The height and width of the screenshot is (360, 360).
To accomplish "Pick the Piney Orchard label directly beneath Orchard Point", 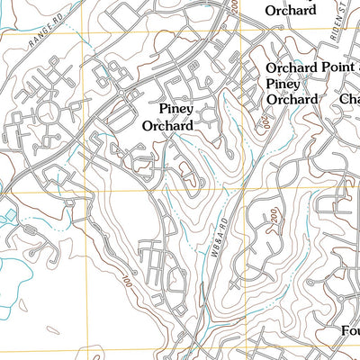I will coord(292,91).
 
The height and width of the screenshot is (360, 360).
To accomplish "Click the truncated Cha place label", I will coord(349,99).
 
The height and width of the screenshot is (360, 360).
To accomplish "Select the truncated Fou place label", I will coord(351,330).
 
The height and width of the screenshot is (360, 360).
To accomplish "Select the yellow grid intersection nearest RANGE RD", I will coord(88,34).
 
